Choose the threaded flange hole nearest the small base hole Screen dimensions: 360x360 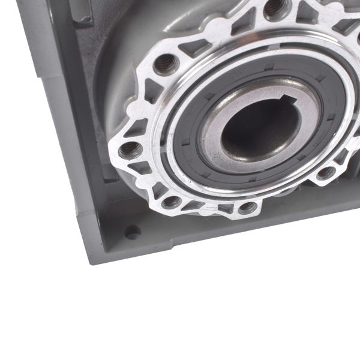[x=170, y=202]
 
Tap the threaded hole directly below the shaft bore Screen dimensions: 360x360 [x=247, y=208]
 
